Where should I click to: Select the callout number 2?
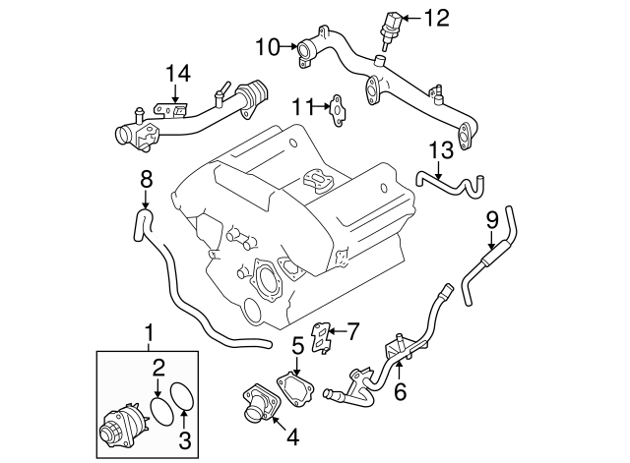(158, 368)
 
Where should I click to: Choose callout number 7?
(352, 330)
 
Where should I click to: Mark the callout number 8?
(146, 179)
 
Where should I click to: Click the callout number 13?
(439, 149)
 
